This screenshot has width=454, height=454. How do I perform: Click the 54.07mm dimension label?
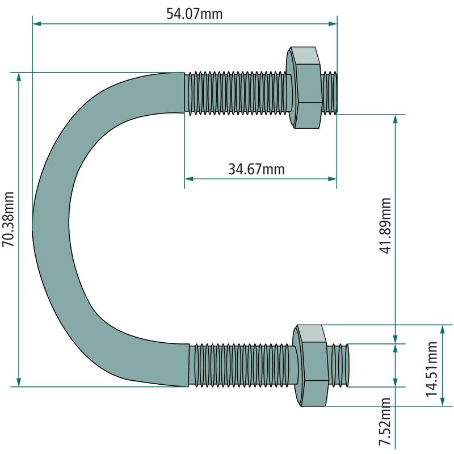point(194,14)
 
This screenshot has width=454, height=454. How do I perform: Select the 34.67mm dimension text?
point(257,169)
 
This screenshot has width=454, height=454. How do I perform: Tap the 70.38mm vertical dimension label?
point(8,219)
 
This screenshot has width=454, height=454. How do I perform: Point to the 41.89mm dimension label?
point(385,226)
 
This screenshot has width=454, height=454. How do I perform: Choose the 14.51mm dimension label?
point(431,369)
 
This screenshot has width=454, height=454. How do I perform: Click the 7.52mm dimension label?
point(385,421)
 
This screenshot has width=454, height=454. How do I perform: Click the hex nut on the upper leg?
point(304,87)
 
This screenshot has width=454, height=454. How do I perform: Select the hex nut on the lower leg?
point(310,365)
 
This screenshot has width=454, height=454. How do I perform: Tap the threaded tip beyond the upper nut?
point(330,93)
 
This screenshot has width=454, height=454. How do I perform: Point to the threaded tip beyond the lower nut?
point(338,365)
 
